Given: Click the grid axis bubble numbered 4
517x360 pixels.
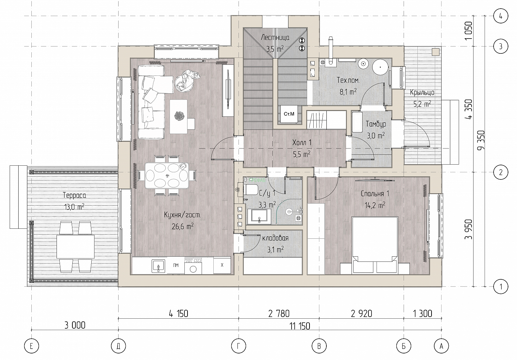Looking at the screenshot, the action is [x=500, y=16].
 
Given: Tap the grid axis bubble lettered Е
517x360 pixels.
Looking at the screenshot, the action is [x=31, y=346].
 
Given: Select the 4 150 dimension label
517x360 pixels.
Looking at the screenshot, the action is [x=179, y=313].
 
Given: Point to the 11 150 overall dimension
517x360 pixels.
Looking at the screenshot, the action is [x=300, y=326].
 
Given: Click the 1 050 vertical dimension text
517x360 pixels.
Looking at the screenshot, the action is [x=468, y=31].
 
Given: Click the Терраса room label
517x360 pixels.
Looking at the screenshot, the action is [x=74, y=195].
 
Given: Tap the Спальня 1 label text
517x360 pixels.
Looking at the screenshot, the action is [x=375, y=194].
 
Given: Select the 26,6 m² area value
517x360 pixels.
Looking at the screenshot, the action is [x=183, y=226].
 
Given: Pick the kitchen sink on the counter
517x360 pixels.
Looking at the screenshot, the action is [x=158, y=266].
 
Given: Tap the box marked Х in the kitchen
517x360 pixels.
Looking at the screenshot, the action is [x=222, y=265].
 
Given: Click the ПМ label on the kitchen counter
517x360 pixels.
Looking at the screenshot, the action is [x=176, y=265].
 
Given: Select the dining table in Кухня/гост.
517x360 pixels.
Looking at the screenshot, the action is [x=166, y=175].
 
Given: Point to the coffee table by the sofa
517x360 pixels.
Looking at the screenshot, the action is [x=179, y=116].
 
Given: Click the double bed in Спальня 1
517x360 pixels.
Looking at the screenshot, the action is [x=375, y=245].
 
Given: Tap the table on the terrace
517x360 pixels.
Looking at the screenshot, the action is [x=75, y=247].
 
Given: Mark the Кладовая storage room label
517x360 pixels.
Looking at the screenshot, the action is [x=275, y=238].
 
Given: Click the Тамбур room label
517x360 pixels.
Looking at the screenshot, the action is [x=376, y=124].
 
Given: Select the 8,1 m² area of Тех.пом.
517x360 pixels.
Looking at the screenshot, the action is [x=348, y=92].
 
